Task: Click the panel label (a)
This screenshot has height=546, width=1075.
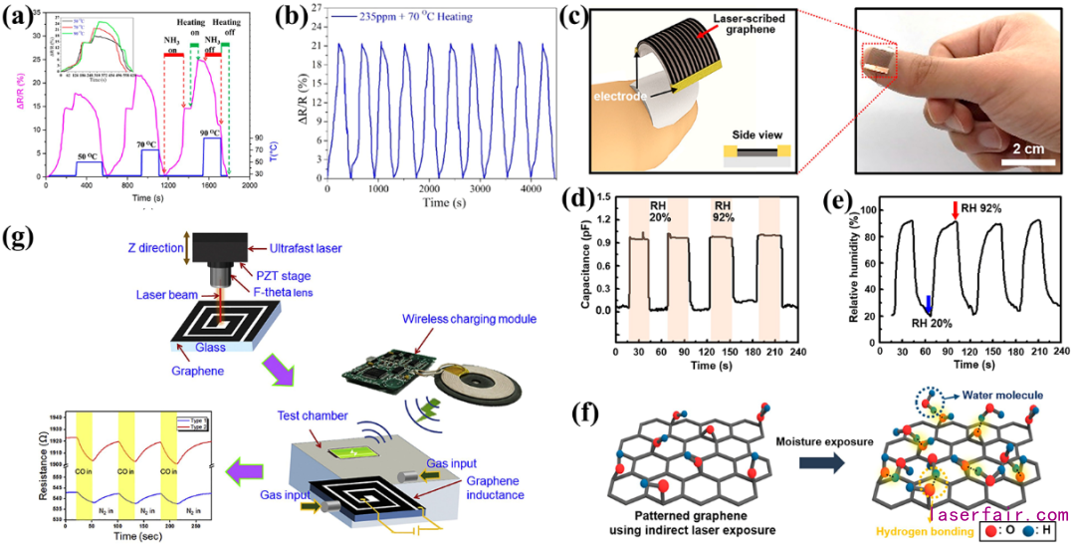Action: [x=19, y=19]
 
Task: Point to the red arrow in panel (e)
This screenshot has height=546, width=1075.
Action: [x=956, y=211]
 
